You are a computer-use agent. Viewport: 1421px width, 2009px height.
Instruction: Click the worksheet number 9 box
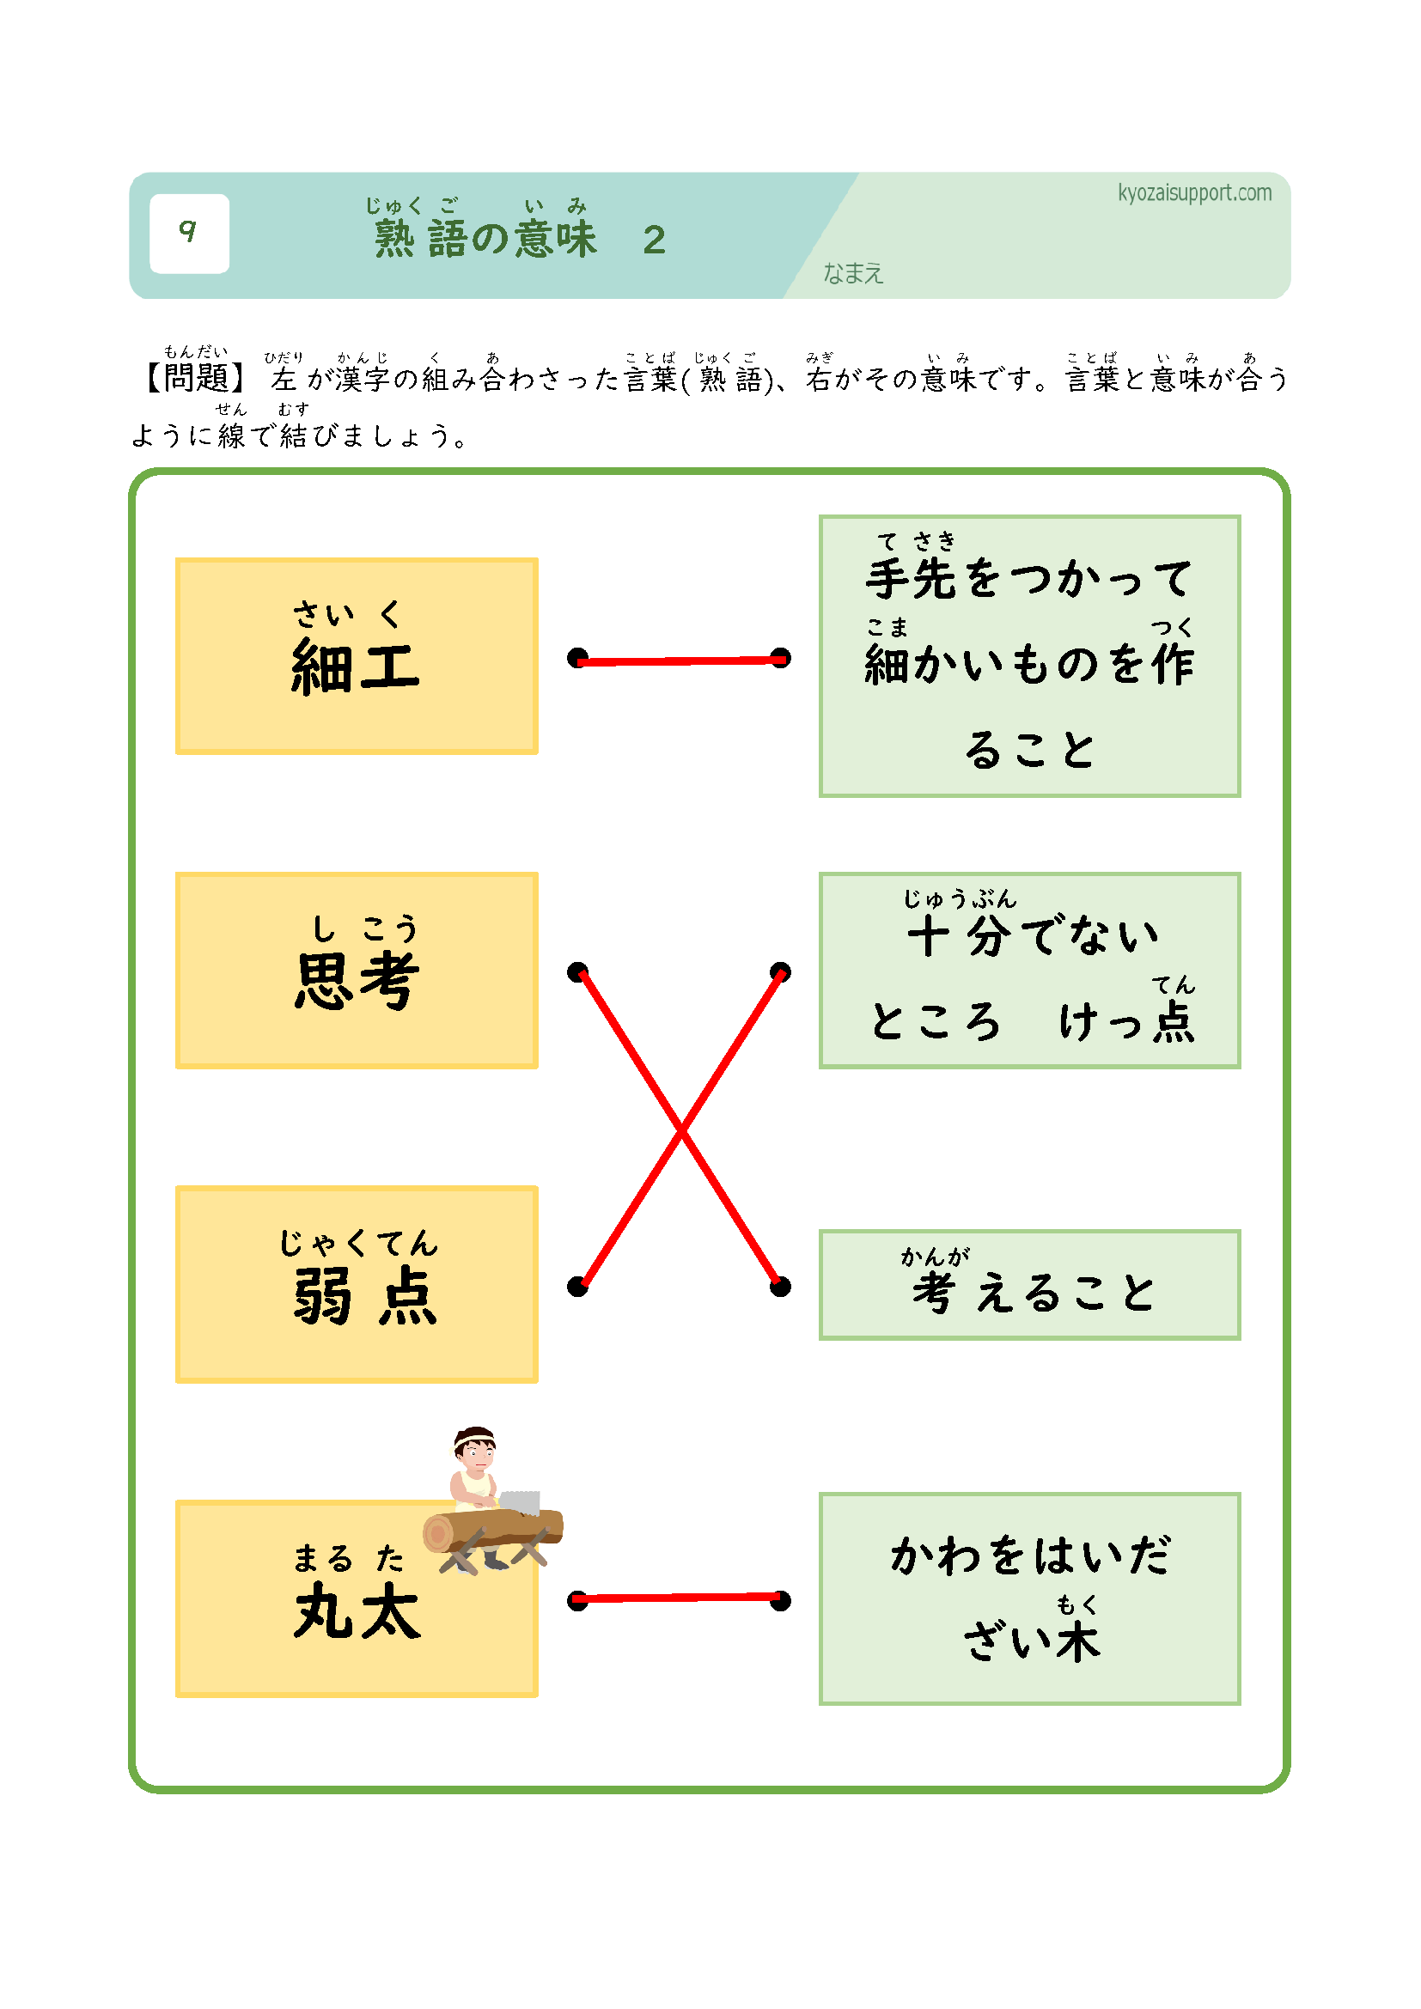click(x=189, y=233)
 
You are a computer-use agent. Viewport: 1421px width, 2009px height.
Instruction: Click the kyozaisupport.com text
click(x=1193, y=192)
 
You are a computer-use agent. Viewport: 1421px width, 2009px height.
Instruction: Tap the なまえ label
click(x=852, y=274)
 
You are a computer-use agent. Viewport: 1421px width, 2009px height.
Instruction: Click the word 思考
click(x=357, y=980)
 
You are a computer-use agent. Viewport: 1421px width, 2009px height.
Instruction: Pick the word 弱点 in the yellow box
click(x=364, y=1295)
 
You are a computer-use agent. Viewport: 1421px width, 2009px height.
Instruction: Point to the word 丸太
click(x=357, y=1610)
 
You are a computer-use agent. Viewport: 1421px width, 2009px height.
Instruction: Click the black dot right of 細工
click(x=577, y=658)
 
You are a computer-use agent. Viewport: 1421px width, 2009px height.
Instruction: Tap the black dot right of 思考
click(x=577, y=972)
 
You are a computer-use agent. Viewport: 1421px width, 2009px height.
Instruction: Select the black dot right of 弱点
click(x=577, y=1287)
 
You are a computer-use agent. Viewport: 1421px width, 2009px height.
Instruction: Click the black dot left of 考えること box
click(x=780, y=1287)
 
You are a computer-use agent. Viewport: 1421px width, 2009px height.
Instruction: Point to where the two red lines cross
click(x=680, y=1129)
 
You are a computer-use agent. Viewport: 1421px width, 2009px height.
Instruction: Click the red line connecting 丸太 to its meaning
click(x=679, y=1598)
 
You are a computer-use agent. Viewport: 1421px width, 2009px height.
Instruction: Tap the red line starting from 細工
click(x=679, y=661)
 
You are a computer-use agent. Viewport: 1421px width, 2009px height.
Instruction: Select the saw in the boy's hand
click(x=521, y=1501)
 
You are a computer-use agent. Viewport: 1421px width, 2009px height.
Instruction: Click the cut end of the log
click(x=437, y=1533)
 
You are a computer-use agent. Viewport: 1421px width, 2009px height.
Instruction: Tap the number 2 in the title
click(x=654, y=240)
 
